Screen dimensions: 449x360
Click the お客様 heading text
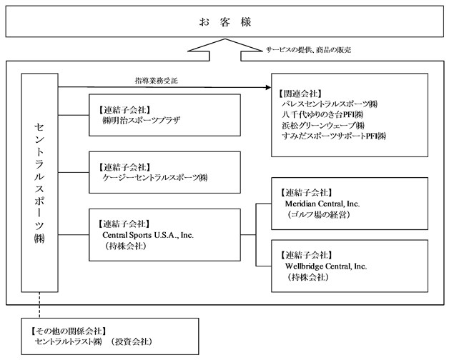tap(225, 22)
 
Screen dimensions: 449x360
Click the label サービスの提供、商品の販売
tap(308, 50)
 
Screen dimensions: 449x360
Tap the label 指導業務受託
tap(157, 81)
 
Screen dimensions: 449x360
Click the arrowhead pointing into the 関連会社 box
tap(268, 87)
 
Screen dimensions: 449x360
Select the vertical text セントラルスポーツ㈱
tap(39, 183)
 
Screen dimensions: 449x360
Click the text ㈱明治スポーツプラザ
tap(141, 120)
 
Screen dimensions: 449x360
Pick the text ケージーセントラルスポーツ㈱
tap(155, 178)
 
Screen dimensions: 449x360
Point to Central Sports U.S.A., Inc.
tap(148, 235)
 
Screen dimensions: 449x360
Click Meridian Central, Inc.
tap(322, 204)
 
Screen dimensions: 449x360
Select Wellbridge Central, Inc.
tap(326, 266)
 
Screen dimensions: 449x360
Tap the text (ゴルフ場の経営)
tap(319, 214)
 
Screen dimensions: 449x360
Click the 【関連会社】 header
tap(300, 94)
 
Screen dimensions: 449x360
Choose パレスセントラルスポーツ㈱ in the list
tap(330, 104)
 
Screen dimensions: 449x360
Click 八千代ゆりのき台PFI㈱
tap(322, 115)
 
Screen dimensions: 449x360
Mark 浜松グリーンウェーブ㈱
tap(323, 125)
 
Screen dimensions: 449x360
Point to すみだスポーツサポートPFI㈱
tap(334, 136)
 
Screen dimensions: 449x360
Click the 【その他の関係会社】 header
tap(69, 331)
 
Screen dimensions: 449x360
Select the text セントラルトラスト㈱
tap(68, 341)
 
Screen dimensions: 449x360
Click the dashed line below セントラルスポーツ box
tap(39, 305)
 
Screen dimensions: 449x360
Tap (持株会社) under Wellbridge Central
tap(308, 277)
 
